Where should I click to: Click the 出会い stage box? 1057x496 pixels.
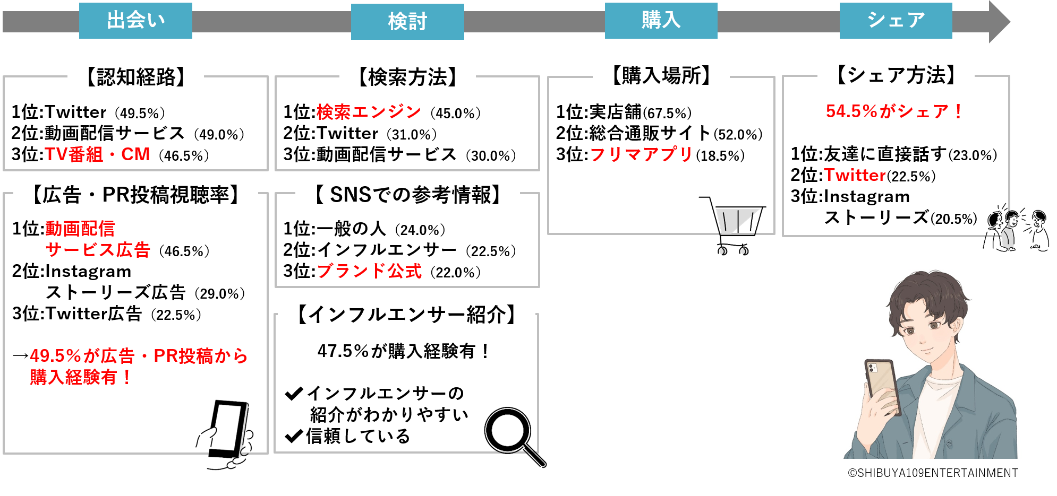coord(135,21)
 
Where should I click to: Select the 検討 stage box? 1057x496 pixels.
coord(407,22)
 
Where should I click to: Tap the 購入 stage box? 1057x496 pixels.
coord(661,21)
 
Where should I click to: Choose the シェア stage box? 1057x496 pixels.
coord(896,21)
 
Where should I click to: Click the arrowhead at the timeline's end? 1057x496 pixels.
coord(999,22)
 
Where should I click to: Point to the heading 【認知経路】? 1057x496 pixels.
coord(135,77)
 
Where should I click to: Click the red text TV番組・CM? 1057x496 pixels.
coord(97,154)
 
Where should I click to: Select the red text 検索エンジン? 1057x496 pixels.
coord(369,112)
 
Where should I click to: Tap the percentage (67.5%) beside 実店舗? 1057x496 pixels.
coord(667,113)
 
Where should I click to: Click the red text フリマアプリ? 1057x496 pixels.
coord(641,154)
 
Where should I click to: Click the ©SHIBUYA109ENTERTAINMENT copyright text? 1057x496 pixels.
coord(933,473)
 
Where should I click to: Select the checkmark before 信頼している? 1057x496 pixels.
coord(294,437)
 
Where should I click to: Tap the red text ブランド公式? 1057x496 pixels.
coord(369,272)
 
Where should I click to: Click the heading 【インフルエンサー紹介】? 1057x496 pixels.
coord(406,315)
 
